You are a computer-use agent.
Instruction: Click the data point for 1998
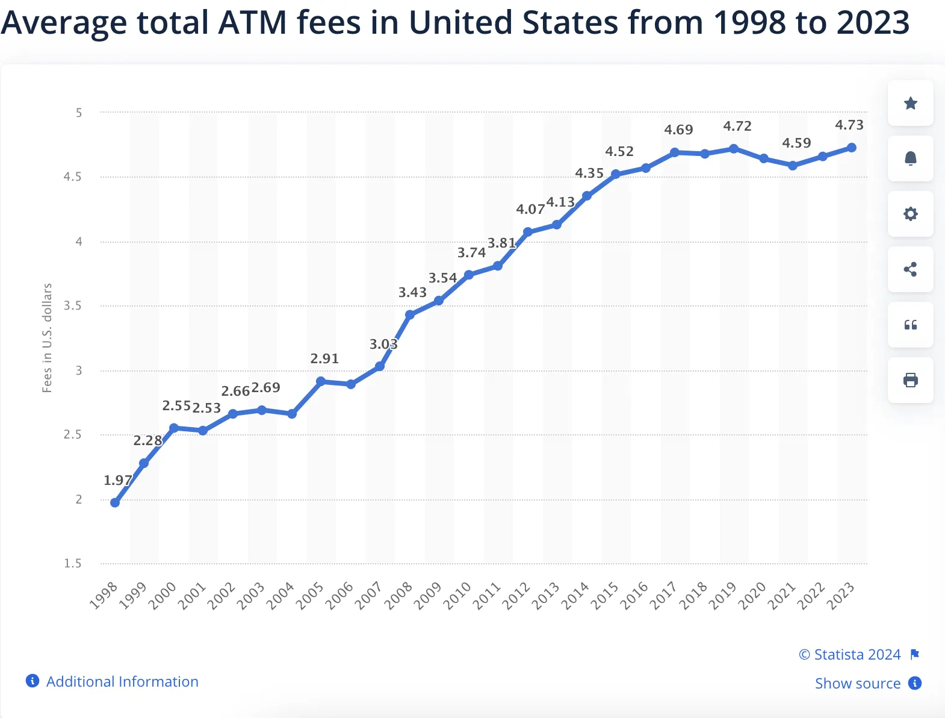click(x=115, y=502)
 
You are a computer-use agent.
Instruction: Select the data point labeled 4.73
click(x=851, y=148)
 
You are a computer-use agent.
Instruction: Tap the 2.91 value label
click(x=324, y=358)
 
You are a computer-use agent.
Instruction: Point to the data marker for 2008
click(x=410, y=314)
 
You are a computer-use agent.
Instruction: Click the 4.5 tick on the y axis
click(x=72, y=176)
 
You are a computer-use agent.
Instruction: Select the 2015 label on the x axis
click(x=605, y=595)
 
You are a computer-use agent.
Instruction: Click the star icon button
click(x=910, y=103)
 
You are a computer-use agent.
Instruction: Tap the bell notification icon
click(x=910, y=158)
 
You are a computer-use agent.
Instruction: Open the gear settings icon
click(x=910, y=214)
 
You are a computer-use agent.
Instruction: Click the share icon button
click(x=910, y=269)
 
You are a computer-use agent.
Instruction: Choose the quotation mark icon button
click(x=910, y=325)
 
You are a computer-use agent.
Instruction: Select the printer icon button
click(x=910, y=380)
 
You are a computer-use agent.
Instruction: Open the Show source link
click(x=857, y=683)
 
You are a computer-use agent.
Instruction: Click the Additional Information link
click(x=122, y=681)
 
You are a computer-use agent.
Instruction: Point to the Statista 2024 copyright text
click(x=850, y=654)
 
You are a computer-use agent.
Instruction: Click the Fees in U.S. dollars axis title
click(x=47, y=337)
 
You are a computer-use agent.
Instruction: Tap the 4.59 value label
click(x=796, y=143)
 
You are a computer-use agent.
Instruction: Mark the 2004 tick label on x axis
click(x=280, y=595)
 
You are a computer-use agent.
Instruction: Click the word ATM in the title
click(x=252, y=22)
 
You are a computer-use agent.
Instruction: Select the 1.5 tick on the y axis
click(x=72, y=563)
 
